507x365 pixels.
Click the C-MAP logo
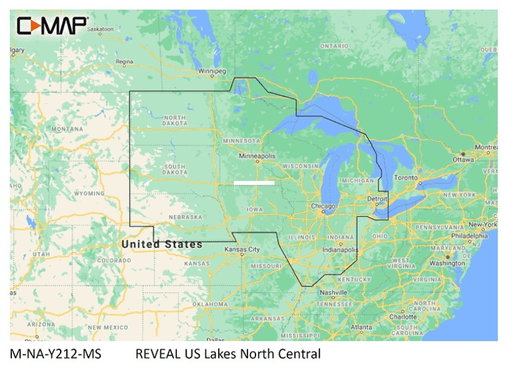point(53,26)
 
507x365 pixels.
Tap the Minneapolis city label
point(258,156)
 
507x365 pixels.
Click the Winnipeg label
point(213,70)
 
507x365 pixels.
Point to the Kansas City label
point(241,249)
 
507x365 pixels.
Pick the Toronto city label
point(405,179)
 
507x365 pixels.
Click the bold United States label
point(161,244)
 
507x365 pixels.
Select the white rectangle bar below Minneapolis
point(254,182)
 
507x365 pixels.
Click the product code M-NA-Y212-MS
point(55,354)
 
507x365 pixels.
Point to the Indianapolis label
point(340,249)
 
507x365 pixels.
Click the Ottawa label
point(462,160)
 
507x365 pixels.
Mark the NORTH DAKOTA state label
point(175,121)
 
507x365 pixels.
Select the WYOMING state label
point(89,194)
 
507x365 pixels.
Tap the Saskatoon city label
point(100,29)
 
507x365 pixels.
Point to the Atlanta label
point(362,327)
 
